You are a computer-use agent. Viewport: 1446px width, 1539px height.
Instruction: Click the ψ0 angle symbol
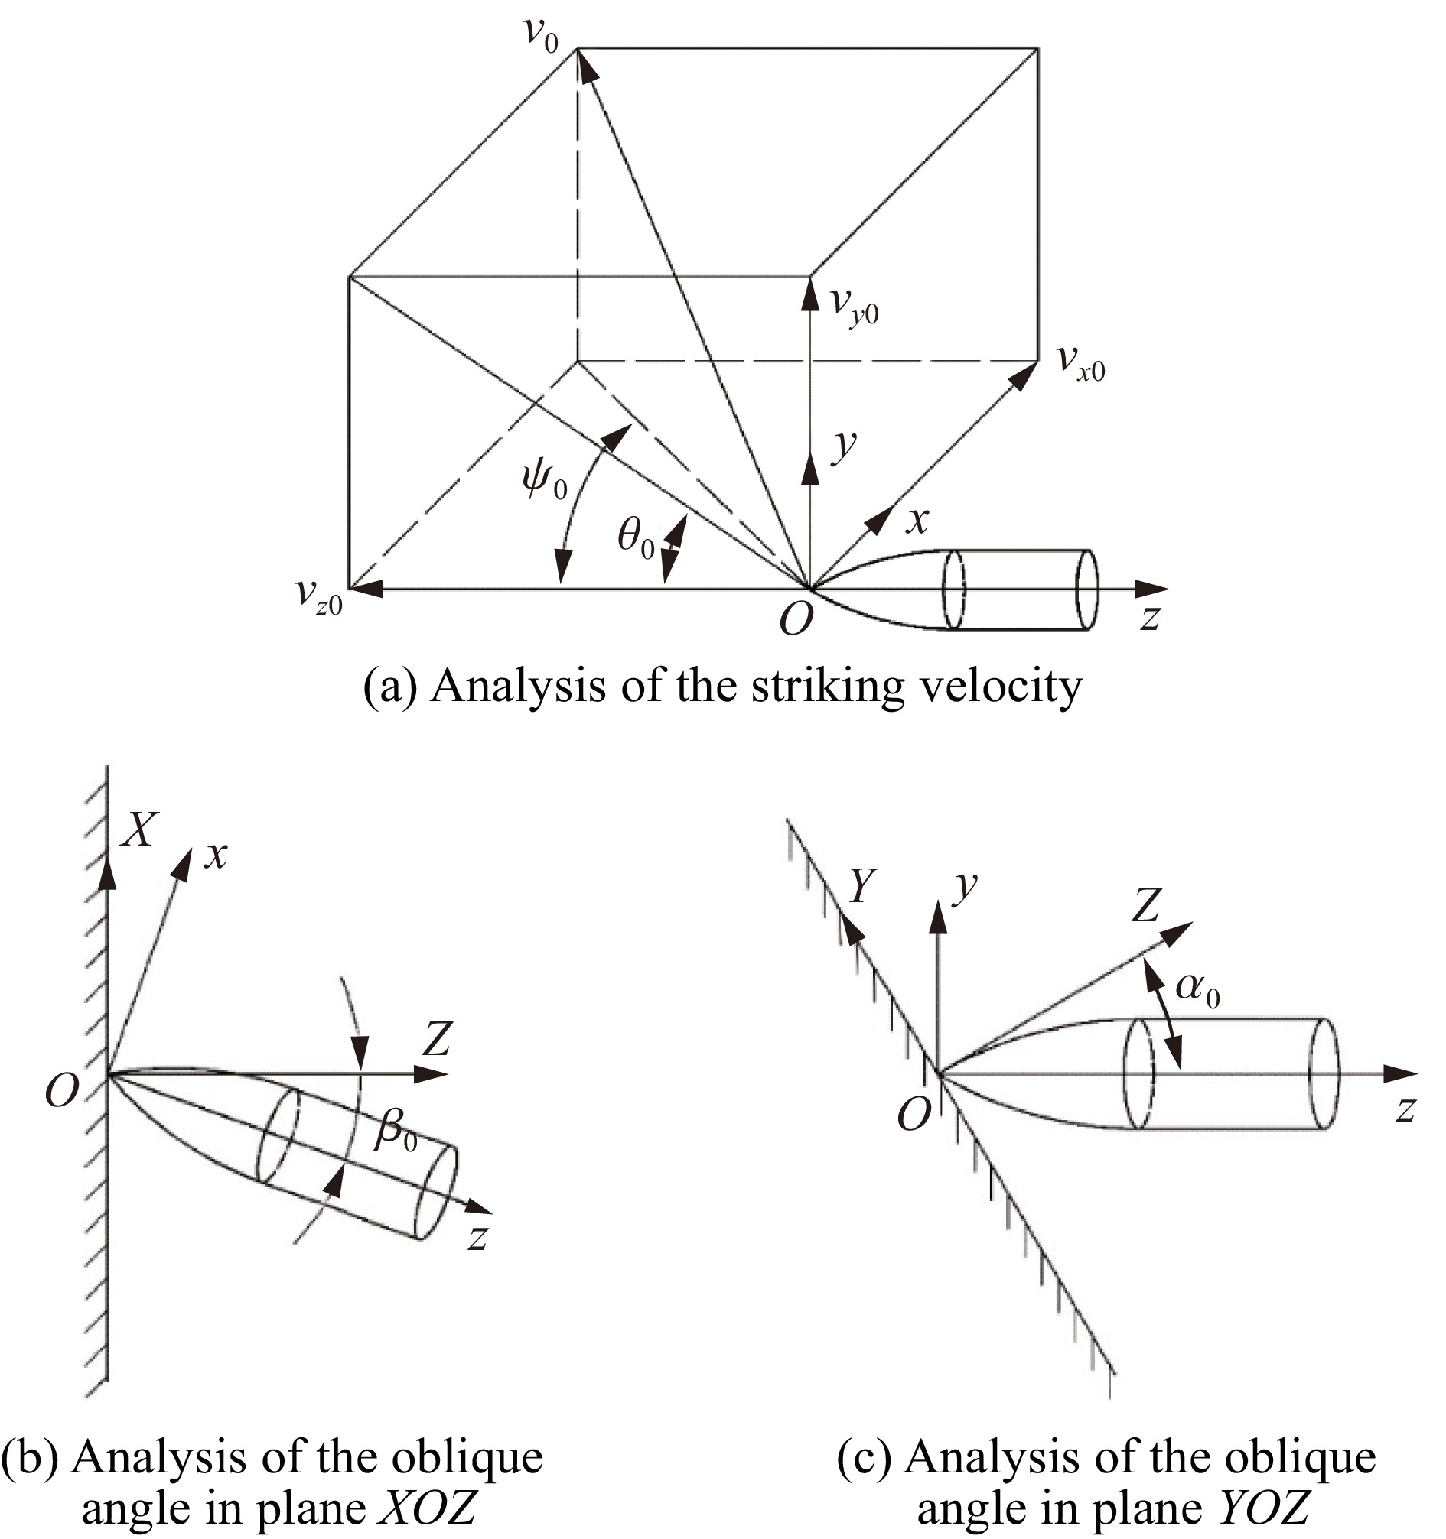coord(545,482)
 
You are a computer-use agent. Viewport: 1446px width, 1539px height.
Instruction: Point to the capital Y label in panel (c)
coord(866,885)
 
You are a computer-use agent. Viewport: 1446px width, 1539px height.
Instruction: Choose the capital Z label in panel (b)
coord(437,1040)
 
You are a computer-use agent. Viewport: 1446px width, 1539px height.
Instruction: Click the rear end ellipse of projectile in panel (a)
coord(1087,590)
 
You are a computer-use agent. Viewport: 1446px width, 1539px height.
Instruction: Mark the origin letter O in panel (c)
coord(914,1115)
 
